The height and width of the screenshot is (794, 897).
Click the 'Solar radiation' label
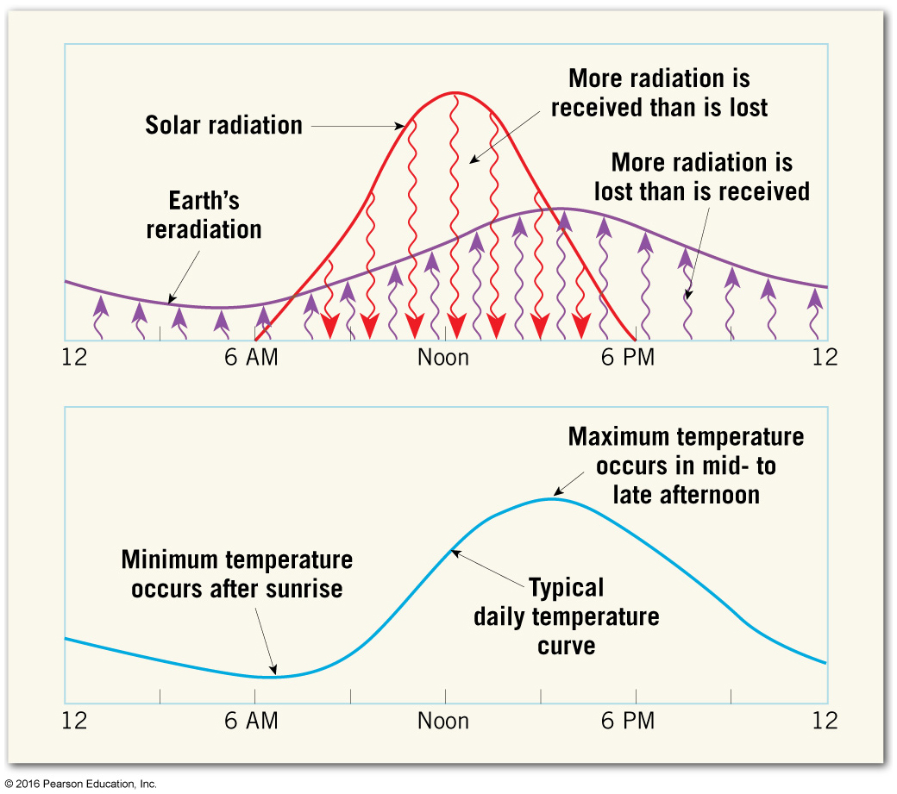click(x=223, y=125)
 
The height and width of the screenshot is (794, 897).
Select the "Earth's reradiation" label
click(x=204, y=216)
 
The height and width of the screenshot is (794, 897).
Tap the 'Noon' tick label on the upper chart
click(x=443, y=357)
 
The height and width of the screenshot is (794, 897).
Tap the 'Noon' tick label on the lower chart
click(x=443, y=721)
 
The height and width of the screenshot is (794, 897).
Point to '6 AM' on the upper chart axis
click(x=251, y=357)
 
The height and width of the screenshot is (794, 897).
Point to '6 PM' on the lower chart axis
click(x=628, y=721)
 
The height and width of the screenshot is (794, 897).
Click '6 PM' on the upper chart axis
click(x=628, y=357)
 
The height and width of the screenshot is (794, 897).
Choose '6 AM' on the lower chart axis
click(x=251, y=721)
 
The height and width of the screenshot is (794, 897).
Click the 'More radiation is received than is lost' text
click(x=659, y=93)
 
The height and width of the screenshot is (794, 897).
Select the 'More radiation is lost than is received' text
click(x=701, y=176)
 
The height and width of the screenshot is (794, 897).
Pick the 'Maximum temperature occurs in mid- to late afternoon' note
click(x=686, y=465)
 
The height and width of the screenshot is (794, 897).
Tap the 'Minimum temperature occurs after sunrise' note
click(x=237, y=574)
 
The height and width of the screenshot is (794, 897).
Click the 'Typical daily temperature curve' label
click(x=566, y=616)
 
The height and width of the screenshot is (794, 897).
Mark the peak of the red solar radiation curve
click(x=455, y=92)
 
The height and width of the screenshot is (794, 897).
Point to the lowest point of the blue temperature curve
click(x=274, y=677)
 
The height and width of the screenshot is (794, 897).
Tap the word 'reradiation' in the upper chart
click(x=204, y=229)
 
